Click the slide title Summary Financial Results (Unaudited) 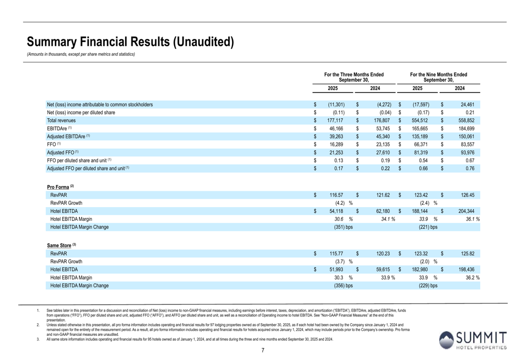[x=130, y=42]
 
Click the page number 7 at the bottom [x=262, y=351]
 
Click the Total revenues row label [x=61, y=120]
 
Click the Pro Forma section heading [x=60, y=187]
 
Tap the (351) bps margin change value [x=343, y=227]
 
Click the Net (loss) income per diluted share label [x=81, y=112]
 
